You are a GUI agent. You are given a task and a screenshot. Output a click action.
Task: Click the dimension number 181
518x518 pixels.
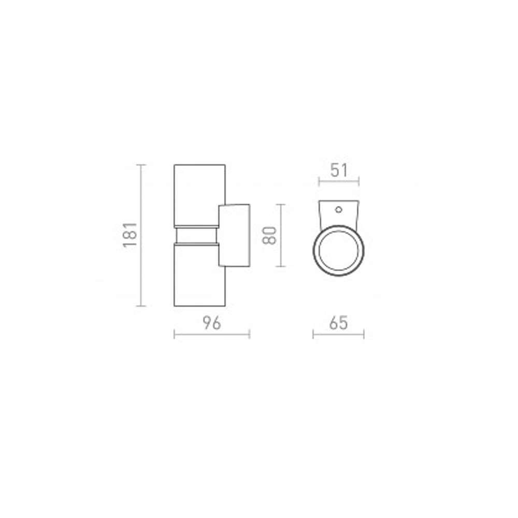point(130,235)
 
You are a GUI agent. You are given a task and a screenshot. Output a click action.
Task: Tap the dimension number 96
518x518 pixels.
point(212,323)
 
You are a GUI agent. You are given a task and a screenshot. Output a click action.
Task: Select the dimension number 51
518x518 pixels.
point(339,170)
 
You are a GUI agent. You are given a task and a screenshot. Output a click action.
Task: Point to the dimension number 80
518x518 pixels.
point(269,235)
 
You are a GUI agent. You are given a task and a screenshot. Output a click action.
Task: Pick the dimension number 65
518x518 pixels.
point(339,323)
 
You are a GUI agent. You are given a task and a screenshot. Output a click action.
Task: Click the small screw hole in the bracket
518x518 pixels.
point(339,209)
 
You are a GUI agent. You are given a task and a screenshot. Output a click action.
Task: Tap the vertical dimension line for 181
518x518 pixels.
point(141,235)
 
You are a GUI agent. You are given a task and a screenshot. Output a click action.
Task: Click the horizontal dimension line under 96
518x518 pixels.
point(212,334)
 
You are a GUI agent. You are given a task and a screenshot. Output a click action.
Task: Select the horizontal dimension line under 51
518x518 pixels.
point(339,181)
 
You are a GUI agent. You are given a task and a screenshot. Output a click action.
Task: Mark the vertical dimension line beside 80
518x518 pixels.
point(280,235)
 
